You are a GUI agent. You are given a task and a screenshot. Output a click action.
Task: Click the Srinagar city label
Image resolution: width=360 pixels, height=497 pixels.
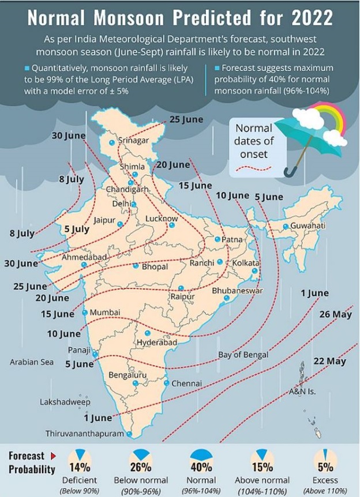[133, 140]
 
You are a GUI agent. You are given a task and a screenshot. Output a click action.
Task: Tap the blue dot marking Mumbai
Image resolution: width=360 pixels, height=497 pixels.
[85, 312]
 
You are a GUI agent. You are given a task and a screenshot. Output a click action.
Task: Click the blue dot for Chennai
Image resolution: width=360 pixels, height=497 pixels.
[167, 383]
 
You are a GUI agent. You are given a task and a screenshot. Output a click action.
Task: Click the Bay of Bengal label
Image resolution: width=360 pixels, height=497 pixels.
[241, 354]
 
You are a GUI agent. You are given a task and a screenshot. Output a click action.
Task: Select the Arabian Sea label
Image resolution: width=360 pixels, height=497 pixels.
[31, 362]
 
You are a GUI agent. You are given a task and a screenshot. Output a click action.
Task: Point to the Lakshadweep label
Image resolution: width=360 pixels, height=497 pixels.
[65, 401]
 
